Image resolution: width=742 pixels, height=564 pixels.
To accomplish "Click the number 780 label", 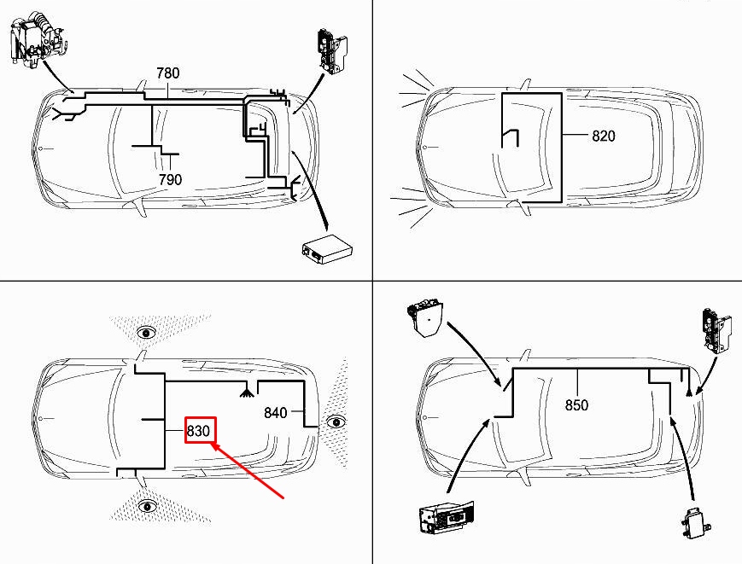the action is (x=168, y=73).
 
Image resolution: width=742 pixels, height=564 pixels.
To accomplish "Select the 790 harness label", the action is (x=170, y=180).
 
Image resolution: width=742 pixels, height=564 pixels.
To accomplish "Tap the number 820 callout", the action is (x=604, y=137).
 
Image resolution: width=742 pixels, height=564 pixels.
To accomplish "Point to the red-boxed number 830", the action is (x=198, y=431).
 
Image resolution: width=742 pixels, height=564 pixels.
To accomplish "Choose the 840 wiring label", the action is (x=276, y=413).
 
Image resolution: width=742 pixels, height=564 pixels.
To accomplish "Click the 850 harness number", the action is (x=577, y=405).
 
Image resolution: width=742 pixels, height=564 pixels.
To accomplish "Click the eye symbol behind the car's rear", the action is (x=336, y=422).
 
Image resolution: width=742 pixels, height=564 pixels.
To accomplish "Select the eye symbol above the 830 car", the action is (x=147, y=334).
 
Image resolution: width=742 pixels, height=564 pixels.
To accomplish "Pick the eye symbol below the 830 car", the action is (x=148, y=506).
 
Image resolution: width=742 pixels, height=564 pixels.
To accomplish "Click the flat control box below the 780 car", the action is (x=327, y=247).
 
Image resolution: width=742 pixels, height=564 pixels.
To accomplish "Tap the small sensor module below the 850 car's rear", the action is (x=694, y=522).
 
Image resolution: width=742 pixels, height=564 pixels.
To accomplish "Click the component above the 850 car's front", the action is (x=424, y=318).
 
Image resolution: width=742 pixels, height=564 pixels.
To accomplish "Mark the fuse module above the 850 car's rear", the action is (x=716, y=330).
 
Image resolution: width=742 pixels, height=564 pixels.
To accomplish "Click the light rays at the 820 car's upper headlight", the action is (x=417, y=90).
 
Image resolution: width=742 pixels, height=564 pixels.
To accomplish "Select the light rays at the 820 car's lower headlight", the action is (x=411, y=206).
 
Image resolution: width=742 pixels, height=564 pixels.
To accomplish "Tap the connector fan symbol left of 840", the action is (x=245, y=392).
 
